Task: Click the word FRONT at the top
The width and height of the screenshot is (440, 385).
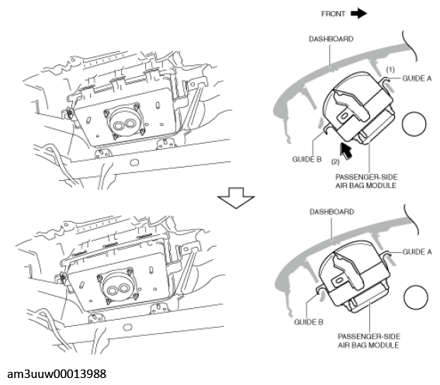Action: pos(333,14)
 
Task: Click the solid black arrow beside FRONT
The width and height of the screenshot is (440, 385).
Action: pos(359,13)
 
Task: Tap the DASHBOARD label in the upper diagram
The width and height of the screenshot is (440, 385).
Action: pos(331,39)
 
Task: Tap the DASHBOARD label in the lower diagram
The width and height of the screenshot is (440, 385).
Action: pos(331,212)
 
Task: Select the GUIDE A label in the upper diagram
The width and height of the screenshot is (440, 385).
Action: pos(417,78)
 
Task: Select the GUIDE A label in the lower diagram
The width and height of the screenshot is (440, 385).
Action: pos(417,252)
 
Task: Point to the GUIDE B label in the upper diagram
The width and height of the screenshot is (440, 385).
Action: pos(307,159)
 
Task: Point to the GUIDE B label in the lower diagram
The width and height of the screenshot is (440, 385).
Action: pos(309,322)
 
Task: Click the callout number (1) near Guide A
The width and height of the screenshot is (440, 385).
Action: pos(390,69)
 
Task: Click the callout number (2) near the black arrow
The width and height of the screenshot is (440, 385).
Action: pos(335,162)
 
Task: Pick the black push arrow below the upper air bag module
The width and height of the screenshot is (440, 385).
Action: pos(346,151)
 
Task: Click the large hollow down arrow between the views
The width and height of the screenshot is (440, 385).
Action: pos(236,198)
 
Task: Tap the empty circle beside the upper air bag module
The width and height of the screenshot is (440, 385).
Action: pos(414,124)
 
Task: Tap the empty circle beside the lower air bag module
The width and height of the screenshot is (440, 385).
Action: pos(416,297)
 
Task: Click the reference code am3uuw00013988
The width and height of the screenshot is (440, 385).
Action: pos(57,374)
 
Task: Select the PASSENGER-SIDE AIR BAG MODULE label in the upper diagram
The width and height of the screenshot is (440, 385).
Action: pos(366,182)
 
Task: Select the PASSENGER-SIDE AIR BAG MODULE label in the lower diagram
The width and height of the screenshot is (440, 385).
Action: pos(369,341)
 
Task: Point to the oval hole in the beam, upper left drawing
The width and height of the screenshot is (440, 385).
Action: pos(134,162)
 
